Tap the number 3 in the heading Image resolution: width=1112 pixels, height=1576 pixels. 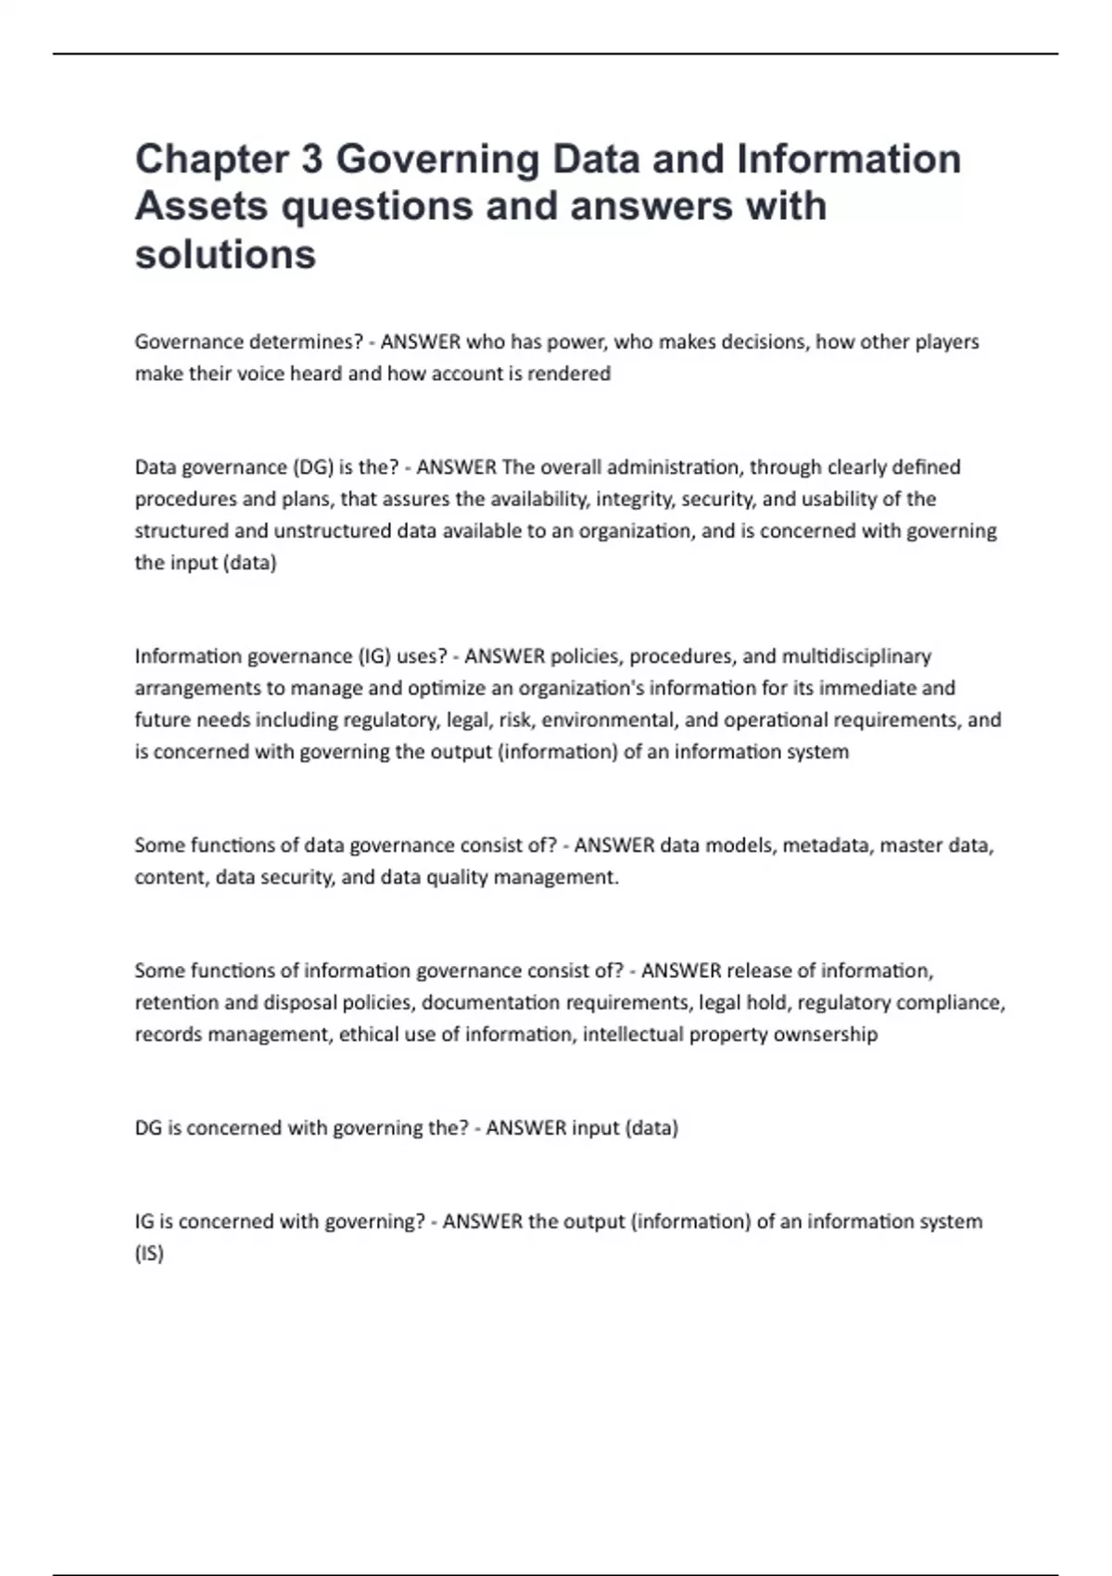point(311,159)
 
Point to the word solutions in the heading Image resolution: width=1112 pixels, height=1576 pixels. point(225,254)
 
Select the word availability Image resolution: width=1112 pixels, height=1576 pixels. point(538,499)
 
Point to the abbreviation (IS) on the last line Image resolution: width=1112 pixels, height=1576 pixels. point(149,1254)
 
